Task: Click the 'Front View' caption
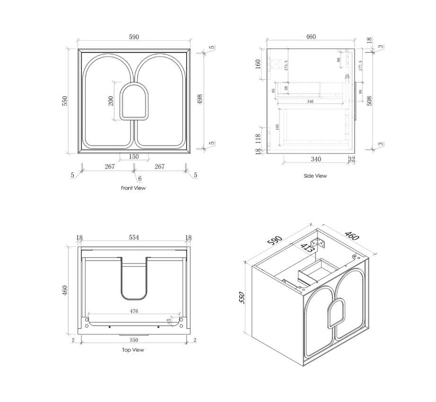tap(133, 188)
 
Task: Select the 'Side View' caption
tap(315, 176)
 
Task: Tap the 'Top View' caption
tap(133, 350)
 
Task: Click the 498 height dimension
tap(200, 100)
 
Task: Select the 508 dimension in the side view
tap(369, 100)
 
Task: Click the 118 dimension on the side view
tap(258, 137)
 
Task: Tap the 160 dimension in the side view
tap(258, 64)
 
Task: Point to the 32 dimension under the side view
tap(351, 160)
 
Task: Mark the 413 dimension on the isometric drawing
tap(308, 249)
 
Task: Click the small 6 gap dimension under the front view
tap(140, 178)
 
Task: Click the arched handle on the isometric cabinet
tap(336, 312)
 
